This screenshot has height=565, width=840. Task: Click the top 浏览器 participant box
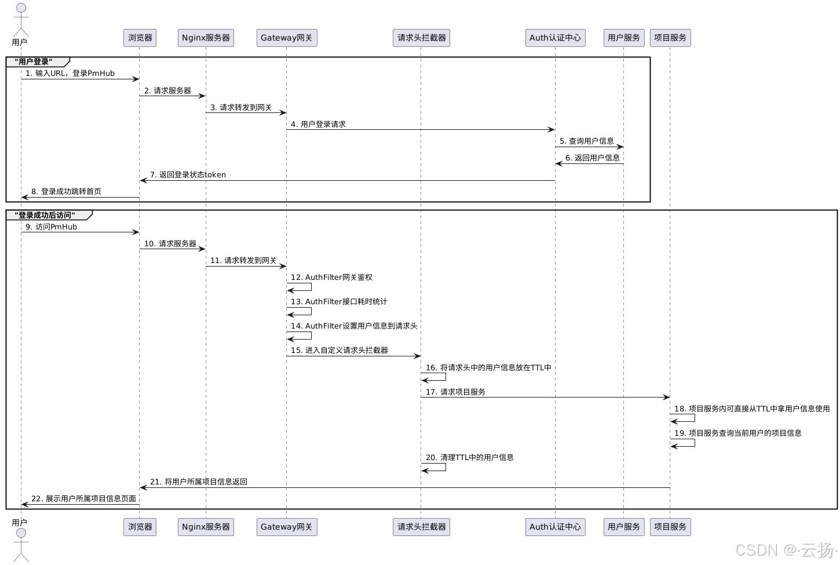140,38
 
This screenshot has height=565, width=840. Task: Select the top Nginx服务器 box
206,38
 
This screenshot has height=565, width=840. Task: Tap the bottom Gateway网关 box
287,527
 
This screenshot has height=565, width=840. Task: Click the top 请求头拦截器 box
421,38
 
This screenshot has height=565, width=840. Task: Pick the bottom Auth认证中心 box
555,527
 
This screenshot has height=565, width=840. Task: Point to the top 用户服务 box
623,38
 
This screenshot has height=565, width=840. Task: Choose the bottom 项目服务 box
670,527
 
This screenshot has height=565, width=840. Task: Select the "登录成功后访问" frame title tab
47,215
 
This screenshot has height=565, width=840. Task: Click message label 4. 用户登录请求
318,124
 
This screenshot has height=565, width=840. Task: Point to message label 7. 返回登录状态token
188,174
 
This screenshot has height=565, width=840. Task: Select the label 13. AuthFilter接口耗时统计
339,301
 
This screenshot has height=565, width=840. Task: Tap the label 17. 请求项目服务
455,392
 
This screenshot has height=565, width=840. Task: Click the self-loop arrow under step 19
684,443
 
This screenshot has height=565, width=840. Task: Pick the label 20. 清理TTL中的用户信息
469,457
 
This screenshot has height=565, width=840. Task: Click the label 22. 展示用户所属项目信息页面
83,498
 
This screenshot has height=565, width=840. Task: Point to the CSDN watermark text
786,549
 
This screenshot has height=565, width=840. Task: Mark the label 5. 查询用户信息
586,141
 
